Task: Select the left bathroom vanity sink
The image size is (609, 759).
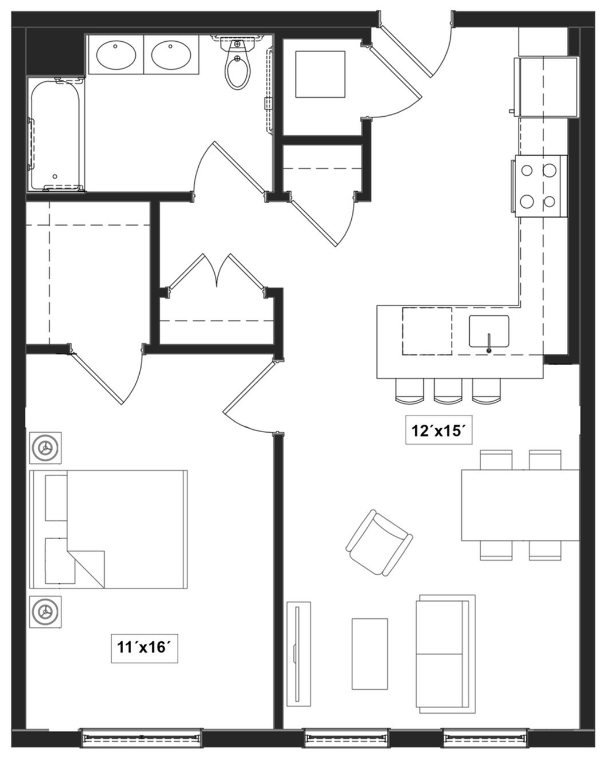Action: coord(116,56)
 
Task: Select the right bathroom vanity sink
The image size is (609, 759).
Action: coord(171,56)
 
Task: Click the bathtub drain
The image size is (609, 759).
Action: coord(55,176)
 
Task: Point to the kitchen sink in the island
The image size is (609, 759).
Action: coord(489,331)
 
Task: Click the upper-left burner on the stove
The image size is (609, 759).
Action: coord(527,171)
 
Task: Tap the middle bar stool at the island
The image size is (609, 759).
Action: coord(447,391)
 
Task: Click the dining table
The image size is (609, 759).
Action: coord(520,505)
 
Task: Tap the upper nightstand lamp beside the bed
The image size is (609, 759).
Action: coord(45,448)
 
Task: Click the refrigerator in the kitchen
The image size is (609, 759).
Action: coord(547,87)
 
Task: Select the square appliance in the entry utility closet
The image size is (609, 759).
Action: coord(320,74)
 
